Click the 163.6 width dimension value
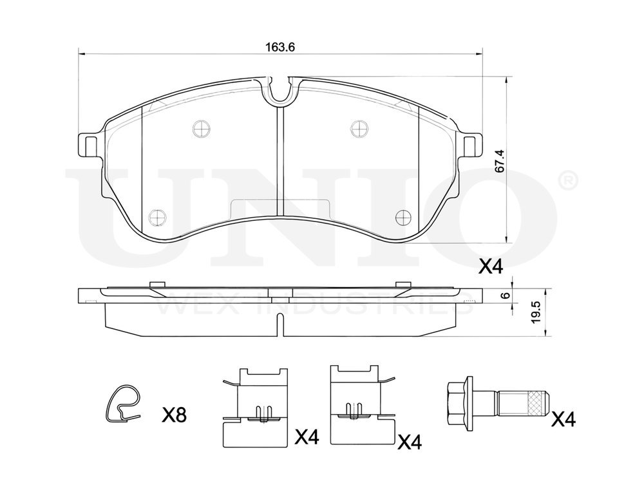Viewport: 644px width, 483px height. click(280, 47)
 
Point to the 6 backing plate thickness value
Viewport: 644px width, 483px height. click(506, 296)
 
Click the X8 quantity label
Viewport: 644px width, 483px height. click(174, 415)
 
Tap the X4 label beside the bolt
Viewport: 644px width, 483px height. click(563, 419)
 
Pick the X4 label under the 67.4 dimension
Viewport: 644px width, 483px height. click(491, 268)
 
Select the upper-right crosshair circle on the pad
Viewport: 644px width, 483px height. click(359, 129)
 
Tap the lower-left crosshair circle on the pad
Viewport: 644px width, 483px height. click(157, 216)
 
